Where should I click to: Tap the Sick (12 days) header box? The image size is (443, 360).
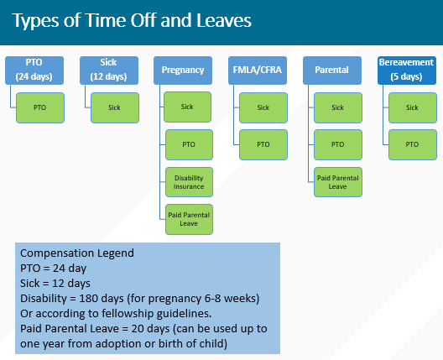(107, 70)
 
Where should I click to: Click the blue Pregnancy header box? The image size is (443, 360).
(182, 70)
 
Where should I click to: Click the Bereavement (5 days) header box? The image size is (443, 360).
(406, 70)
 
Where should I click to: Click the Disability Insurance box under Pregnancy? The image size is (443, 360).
(190, 181)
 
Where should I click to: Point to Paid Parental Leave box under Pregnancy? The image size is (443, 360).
(190, 218)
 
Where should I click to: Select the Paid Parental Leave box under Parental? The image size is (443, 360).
(338, 181)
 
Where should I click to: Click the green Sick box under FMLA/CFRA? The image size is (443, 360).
(263, 107)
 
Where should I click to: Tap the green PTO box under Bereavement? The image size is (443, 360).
(413, 144)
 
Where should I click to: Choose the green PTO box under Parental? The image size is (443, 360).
(338, 144)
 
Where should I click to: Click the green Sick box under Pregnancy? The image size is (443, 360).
(190, 107)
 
